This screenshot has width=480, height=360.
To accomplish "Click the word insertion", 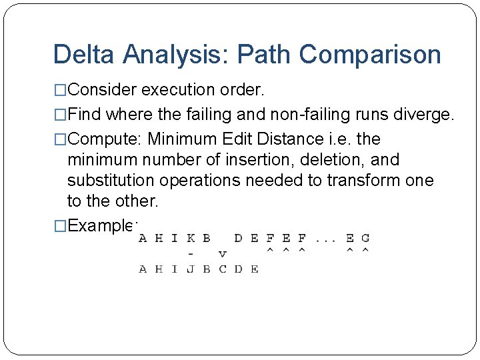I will (255, 160).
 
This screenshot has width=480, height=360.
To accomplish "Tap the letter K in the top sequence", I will (191, 237).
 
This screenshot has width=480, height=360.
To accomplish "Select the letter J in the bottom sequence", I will (191, 269).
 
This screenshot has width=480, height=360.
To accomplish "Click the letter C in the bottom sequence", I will (222, 269).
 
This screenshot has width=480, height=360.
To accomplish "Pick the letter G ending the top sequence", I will (365, 237).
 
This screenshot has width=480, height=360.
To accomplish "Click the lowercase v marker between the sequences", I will (222, 253).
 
